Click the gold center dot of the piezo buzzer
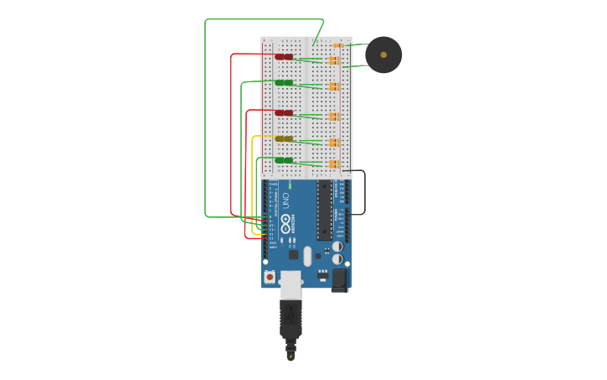point(383,55)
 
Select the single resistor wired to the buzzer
point(338,45)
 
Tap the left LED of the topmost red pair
point(280,57)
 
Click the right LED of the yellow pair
point(288,138)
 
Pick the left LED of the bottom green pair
point(280,160)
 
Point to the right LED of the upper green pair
point(288,82)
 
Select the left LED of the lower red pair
point(280,112)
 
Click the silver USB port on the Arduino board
point(291,284)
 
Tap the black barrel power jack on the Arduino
point(339,278)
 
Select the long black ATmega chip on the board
point(323,210)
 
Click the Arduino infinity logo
point(285,223)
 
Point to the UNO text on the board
point(285,201)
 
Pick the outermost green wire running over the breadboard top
point(205,117)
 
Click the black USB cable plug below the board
point(291,323)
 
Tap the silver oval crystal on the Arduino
point(307,256)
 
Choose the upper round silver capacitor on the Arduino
point(337,247)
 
